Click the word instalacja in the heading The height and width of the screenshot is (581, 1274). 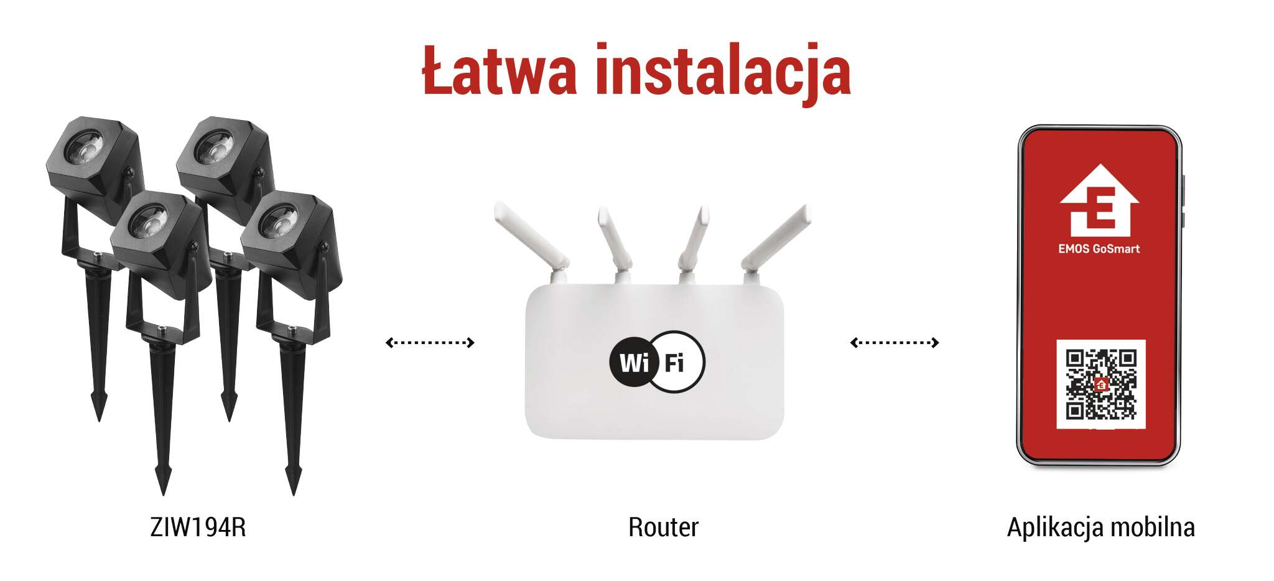723,73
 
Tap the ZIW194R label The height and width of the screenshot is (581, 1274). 198,528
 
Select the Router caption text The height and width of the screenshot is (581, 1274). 663,528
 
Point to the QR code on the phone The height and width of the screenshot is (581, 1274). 1100,384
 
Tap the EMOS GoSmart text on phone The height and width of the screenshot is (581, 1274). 1099,249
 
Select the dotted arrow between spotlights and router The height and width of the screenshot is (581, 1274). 430,342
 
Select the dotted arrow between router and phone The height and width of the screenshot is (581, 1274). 895,342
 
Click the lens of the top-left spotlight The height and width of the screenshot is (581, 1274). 85,148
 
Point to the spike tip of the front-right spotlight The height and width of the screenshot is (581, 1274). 294,494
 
